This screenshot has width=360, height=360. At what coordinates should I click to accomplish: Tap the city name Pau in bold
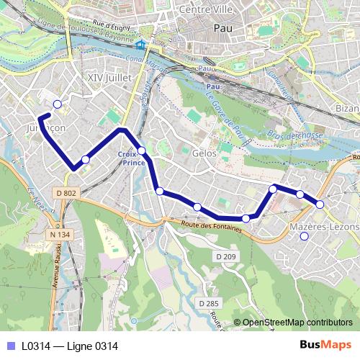point(222,28)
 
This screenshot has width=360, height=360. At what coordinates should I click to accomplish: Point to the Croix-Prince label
point(131,158)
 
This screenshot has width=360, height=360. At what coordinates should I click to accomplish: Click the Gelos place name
point(204,153)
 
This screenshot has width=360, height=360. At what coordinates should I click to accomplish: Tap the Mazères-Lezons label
point(323,226)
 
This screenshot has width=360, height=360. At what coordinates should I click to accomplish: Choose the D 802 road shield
point(65,193)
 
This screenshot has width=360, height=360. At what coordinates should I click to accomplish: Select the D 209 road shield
point(225,256)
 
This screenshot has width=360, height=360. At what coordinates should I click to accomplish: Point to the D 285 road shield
point(208,303)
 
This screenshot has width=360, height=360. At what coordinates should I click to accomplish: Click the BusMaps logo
point(325,345)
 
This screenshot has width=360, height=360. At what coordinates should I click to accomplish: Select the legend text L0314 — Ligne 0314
point(69,346)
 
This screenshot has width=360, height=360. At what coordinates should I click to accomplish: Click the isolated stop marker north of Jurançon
point(58,104)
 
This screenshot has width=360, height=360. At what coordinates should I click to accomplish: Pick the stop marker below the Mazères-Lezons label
point(304,236)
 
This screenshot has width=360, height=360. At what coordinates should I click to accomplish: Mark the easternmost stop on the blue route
point(320,204)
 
